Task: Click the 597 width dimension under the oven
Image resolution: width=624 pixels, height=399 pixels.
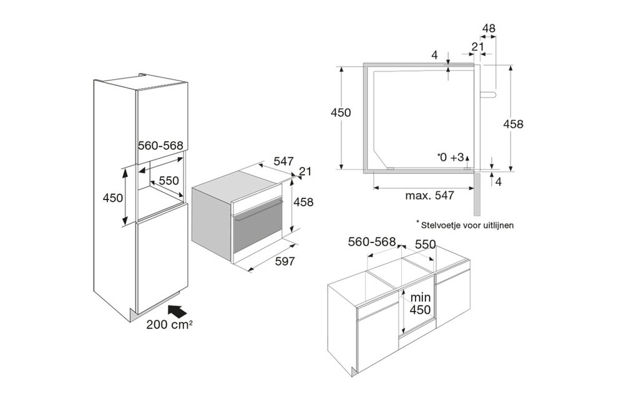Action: click(285, 261)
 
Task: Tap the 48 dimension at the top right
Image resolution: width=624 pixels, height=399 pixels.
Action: click(489, 29)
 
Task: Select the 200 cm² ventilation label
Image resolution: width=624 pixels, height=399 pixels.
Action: click(170, 325)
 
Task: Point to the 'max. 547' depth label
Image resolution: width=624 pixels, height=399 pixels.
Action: click(429, 196)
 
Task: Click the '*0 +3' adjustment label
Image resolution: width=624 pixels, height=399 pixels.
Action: click(450, 157)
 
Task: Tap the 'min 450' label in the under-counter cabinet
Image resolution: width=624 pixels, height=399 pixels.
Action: click(421, 304)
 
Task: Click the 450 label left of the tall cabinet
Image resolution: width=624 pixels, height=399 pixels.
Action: click(112, 198)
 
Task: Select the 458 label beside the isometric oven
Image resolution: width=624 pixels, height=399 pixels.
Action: click(303, 202)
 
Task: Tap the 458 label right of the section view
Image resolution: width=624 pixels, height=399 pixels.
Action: click(514, 124)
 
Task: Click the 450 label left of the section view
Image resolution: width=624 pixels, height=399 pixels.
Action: click(341, 112)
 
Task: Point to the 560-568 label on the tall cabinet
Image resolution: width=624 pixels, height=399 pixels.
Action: click(160, 145)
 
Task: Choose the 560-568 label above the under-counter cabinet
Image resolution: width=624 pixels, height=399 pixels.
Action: click(372, 242)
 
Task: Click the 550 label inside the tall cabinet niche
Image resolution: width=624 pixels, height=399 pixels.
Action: click(169, 181)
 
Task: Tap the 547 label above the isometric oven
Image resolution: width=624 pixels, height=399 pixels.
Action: click(284, 161)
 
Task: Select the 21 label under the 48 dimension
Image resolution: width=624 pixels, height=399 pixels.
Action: click(477, 47)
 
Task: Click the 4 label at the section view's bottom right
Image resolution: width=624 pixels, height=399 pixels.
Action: click(498, 181)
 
